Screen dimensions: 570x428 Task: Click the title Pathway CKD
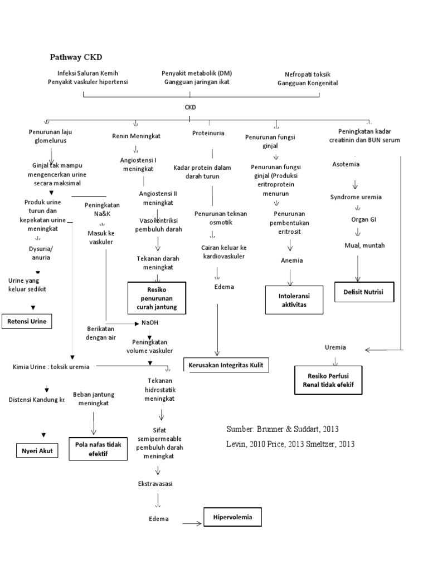click(76, 57)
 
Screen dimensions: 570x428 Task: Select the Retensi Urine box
click(27, 322)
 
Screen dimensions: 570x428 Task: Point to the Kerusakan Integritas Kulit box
click(226, 365)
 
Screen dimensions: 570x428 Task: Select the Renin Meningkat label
click(137, 135)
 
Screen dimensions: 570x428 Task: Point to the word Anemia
click(290, 260)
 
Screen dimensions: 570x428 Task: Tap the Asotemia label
click(346, 164)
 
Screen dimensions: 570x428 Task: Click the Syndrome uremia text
click(356, 197)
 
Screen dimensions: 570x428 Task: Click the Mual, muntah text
click(364, 245)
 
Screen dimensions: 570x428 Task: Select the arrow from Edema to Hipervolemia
click(191, 523)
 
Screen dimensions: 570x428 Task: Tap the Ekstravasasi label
click(155, 484)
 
